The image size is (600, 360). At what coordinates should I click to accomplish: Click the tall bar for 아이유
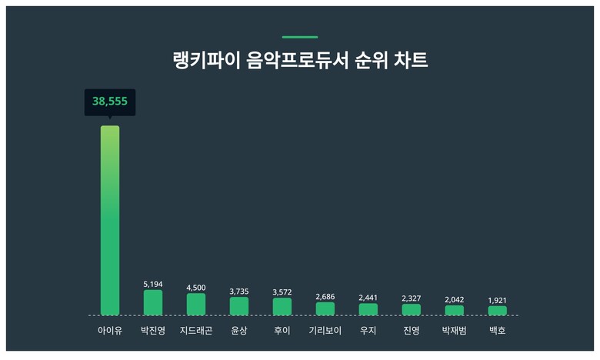(x=110, y=220)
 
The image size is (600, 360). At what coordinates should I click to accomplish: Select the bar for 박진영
(x=153, y=302)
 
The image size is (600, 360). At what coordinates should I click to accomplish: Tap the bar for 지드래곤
(x=196, y=304)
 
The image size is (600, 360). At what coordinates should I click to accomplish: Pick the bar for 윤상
(x=239, y=306)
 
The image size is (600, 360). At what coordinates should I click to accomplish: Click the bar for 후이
(x=282, y=306)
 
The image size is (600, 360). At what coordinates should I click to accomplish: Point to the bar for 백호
(x=498, y=310)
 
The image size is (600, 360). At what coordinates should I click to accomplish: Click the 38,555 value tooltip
(x=110, y=101)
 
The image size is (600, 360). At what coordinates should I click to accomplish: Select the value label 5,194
(x=153, y=285)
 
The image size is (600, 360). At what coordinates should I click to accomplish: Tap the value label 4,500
(x=196, y=288)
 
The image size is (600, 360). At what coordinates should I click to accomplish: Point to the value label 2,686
(x=325, y=297)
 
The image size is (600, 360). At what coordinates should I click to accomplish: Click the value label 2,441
(x=368, y=298)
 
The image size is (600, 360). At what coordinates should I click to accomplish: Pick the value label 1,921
(x=498, y=300)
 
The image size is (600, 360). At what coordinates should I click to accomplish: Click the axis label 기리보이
(x=325, y=331)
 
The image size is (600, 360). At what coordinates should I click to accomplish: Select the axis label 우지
(x=368, y=331)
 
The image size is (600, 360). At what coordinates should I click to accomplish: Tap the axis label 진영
(x=412, y=331)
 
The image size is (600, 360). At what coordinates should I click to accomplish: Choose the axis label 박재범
(x=455, y=331)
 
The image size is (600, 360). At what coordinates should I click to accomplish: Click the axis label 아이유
(x=110, y=331)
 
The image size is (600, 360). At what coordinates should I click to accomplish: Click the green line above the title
(x=300, y=37)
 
